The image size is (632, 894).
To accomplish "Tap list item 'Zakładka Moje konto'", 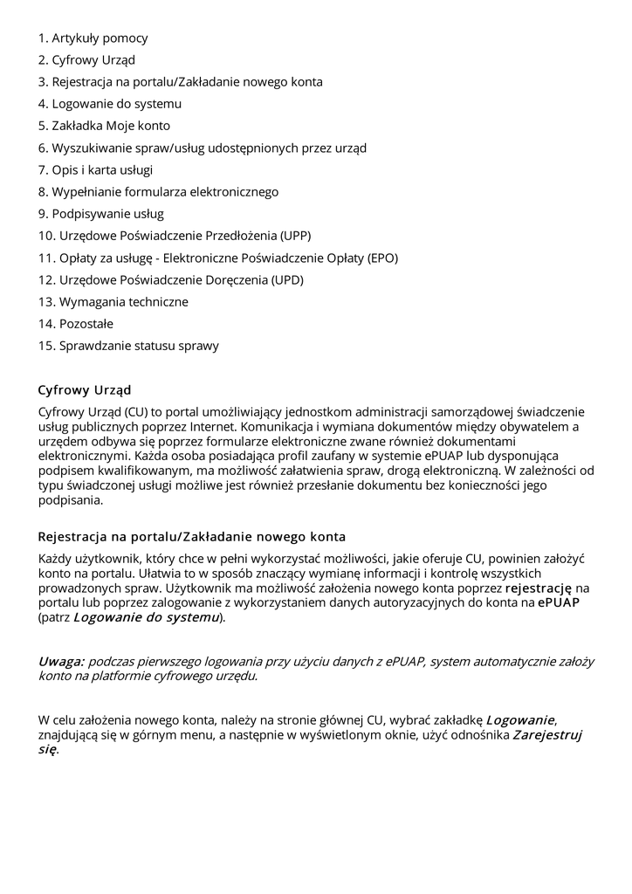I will [111, 126].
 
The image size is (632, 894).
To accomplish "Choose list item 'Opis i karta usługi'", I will [102, 169].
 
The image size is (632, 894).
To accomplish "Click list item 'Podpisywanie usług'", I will [107, 214].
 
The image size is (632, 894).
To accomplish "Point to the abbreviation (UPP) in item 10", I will [295, 236].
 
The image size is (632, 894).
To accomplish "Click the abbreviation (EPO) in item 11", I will [382, 258].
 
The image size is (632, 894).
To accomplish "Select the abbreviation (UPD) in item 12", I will [287, 279].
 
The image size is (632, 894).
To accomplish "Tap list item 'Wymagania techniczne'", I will [124, 302].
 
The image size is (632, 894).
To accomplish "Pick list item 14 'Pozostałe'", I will [86, 324].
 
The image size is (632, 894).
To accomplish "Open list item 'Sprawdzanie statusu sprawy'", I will [139, 346].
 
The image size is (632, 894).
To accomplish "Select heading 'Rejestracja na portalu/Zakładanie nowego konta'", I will [192, 535].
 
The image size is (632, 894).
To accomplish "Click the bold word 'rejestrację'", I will [539, 588].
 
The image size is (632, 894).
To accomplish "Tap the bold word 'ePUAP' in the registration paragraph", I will [559, 602].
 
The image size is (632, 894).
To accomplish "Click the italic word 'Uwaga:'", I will [61, 661].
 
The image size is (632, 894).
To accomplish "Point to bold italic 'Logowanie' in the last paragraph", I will [520, 720].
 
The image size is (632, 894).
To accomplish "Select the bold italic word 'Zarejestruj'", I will [547, 735].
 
